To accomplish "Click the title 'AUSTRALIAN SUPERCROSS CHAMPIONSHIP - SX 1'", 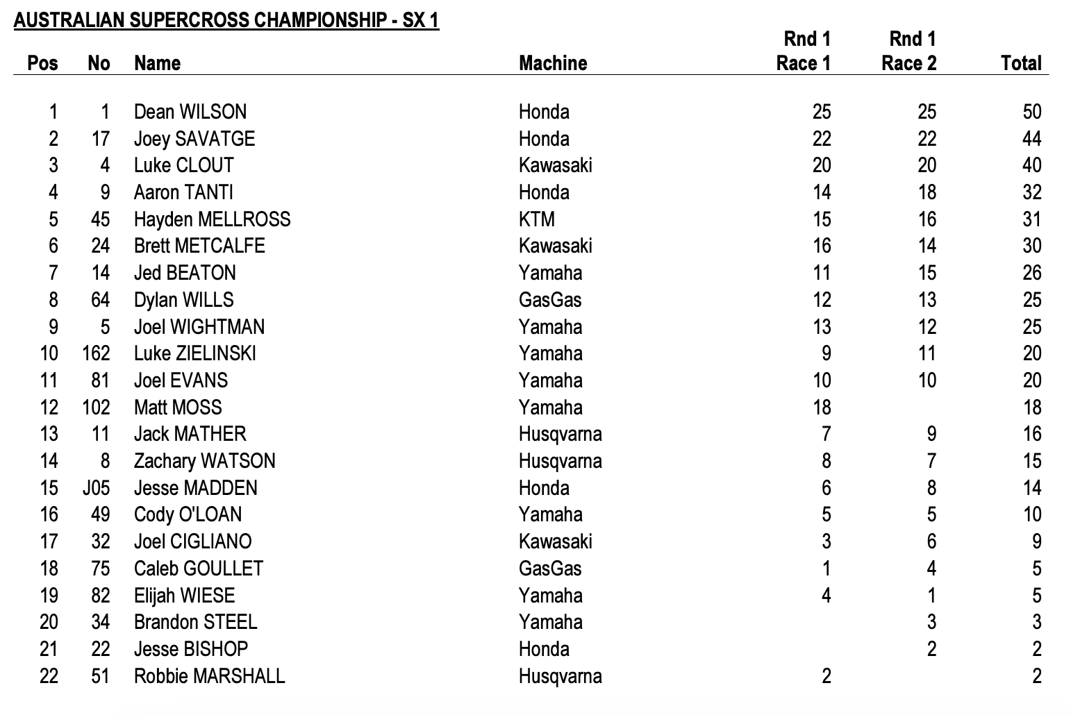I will pos(226,20).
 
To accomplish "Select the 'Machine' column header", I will pos(553,63).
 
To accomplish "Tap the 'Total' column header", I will pos(1021,63).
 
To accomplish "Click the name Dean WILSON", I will pos(190,112).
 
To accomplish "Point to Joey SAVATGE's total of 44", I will pos(1031,139).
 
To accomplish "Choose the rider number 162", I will pos(96,353).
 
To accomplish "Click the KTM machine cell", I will pos(536,219).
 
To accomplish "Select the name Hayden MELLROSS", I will pos(212,219).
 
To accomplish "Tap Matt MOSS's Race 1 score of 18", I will pos(821,407).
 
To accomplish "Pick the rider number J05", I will pos(96,488).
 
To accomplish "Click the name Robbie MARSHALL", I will pos(209,676).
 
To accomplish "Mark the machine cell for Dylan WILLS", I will pos(550,300).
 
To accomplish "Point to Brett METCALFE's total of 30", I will pos(1031,246).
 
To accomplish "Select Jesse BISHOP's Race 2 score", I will pos(931,649).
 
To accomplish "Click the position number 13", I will pos(49,435).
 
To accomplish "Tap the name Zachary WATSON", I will pos(204,461).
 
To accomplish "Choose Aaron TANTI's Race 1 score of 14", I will pos(821,192).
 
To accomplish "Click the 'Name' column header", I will pos(157,63).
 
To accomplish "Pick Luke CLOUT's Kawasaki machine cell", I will pos(555,165).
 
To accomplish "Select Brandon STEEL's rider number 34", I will pos(100,622).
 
